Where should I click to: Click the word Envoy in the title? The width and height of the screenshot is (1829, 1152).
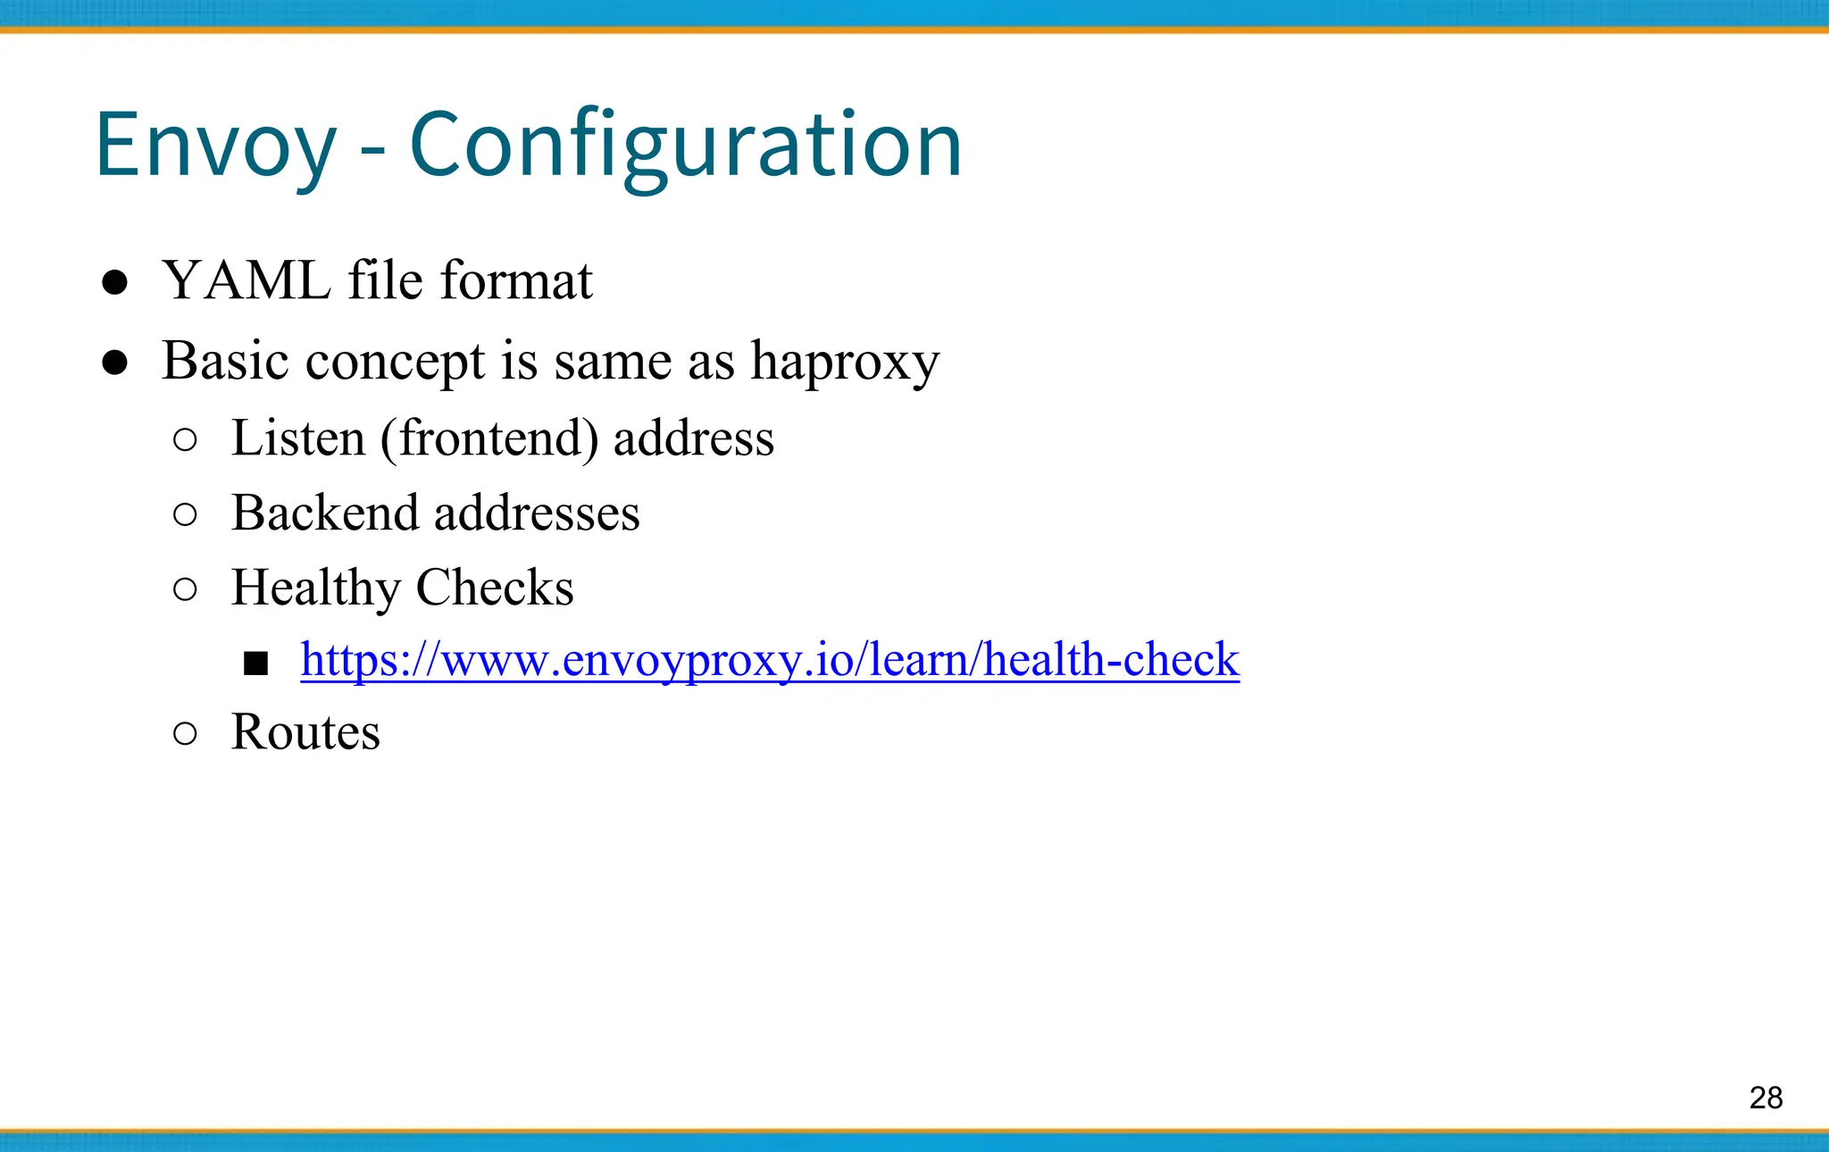215,146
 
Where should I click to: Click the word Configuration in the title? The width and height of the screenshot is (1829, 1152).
685,146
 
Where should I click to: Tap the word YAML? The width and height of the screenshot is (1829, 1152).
247,281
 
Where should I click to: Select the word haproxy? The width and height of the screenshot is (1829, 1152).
845,362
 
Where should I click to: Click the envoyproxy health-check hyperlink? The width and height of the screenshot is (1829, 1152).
770,660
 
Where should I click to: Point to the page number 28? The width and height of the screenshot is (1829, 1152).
1766,1098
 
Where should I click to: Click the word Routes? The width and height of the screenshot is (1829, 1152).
305,732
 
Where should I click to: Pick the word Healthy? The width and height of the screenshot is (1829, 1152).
315,589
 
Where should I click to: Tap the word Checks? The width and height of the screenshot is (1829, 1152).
495,588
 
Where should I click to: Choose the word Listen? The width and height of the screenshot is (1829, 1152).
298,438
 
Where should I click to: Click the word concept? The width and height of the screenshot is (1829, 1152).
395,363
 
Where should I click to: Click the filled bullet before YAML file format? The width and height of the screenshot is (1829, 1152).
114,283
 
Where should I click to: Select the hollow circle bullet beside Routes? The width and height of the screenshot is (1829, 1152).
185,733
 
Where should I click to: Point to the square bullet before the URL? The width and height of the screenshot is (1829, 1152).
256,664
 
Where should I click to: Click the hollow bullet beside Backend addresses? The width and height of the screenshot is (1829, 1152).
185,514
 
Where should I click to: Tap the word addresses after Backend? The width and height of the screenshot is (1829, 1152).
537,513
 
